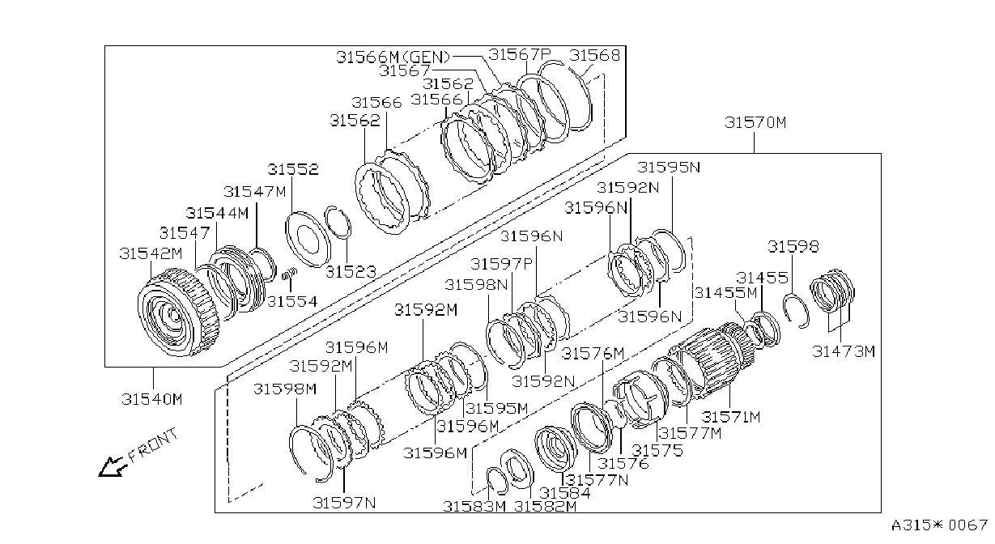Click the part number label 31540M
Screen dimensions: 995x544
[x=152, y=399]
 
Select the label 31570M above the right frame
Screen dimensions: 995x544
[x=755, y=122]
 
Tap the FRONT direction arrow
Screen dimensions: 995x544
[x=112, y=467]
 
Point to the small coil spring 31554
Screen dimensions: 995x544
[x=289, y=275]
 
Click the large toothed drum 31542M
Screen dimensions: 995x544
[x=177, y=312]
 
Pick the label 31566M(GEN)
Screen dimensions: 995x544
[x=393, y=57]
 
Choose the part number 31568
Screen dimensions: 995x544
[x=594, y=55]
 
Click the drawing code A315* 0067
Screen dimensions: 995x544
[x=939, y=525]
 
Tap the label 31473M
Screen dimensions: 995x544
[x=843, y=351]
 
